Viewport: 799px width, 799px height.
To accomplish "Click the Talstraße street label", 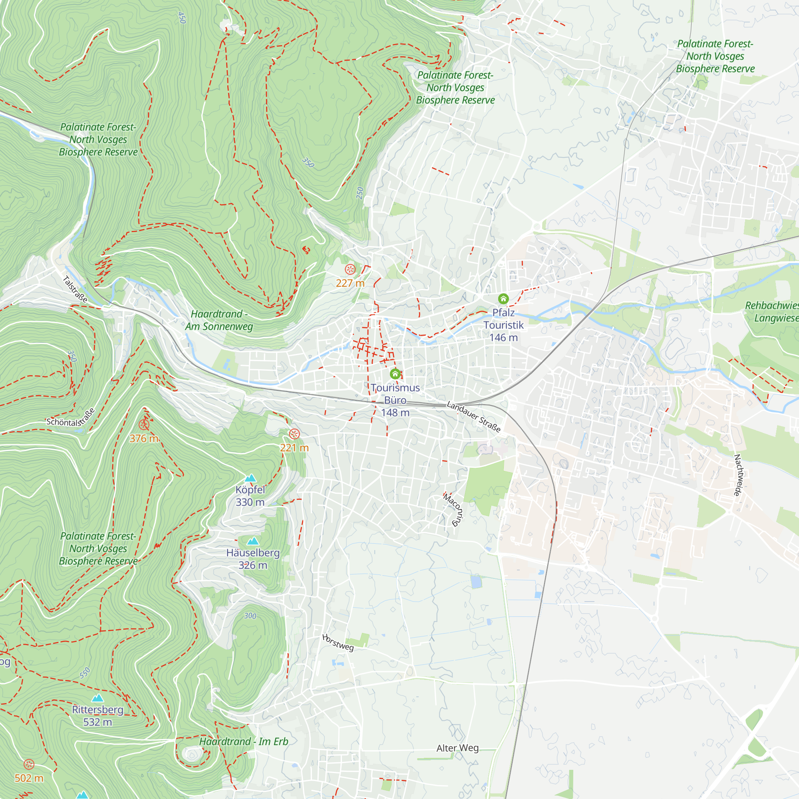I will [75, 289].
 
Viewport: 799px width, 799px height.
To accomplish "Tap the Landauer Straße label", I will [474, 417].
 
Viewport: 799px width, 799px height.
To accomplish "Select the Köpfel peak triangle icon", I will [250, 479].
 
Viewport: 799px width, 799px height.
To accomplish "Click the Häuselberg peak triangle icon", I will [253, 541].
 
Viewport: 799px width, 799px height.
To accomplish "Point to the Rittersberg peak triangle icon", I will [97, 698].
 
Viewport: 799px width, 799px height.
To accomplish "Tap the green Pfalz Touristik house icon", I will [503, 298].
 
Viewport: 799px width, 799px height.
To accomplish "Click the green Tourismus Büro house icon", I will [395, 374].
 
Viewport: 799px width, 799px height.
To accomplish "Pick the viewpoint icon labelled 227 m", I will [350, 270].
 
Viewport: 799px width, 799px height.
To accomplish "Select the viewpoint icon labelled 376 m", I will [143, 424].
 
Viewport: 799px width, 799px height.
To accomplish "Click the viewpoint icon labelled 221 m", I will [294, 434].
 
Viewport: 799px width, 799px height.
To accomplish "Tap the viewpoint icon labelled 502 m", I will [28, 764].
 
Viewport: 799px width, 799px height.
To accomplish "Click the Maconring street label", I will [454, 509].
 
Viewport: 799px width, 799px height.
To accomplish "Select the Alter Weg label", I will [457, 748].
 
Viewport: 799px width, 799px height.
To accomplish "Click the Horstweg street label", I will [338, 643].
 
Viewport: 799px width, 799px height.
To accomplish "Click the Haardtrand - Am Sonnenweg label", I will [219, 320].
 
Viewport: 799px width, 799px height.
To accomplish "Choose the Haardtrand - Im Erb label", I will [244, 741].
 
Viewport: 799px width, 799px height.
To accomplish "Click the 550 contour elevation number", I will [85, 673].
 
